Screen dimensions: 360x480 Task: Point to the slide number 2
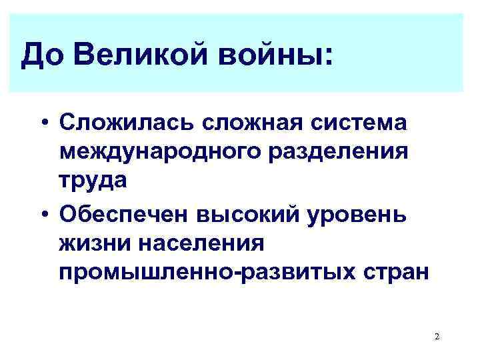click(x=436, y=337)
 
